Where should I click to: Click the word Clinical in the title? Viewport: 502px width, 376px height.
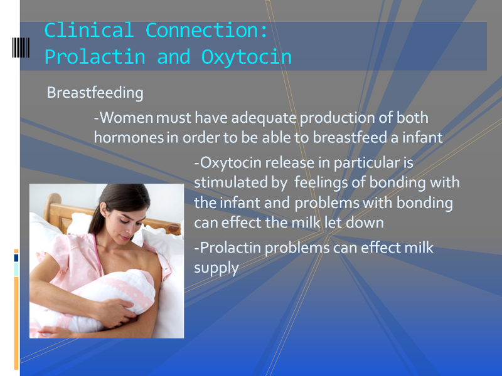pyautogui.click(x=89, y=30)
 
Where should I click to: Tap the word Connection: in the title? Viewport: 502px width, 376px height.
pyautogui.click(x=206, y=30)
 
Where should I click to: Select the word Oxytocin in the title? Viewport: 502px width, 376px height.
pyautogui.click(x=246, y=58)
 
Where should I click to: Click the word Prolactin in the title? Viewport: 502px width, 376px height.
pyautogui.click(x=95, y=57)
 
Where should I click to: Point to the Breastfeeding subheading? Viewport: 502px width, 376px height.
pyautogui.click(x=95, y=93)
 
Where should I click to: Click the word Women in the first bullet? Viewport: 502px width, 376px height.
pyautogui.click(x=127, y=118)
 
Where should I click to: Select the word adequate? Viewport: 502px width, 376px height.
pyautogui.click(x=264, y=118)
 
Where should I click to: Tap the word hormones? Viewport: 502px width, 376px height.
pyautogui.click(x=129, y=137)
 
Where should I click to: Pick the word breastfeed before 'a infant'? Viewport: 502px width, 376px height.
pyautogui.click(x=350, y=137)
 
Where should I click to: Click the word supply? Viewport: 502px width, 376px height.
pyautogui.click(x=216, y=269)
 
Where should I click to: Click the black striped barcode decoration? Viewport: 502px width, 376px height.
pyautogui.click(x=21, y=48)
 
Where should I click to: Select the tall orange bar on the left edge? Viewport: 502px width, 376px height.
pyautogui.click(x=16, y=323)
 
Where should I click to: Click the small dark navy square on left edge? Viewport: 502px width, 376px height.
pyautogui.click(x=16, y=258)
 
